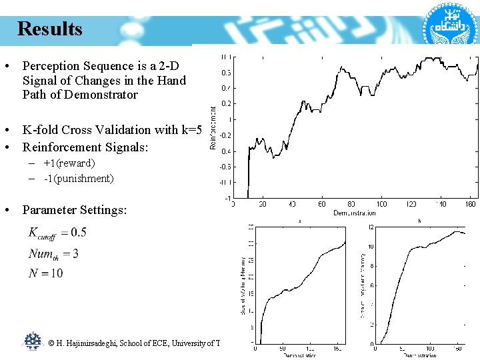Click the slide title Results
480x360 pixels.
pos(50,29)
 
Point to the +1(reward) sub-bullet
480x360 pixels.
pos(69,163)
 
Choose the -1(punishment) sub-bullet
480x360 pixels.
pos(79,178)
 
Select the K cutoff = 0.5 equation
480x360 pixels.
pos(57,233)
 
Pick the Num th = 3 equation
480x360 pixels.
pos(54,253)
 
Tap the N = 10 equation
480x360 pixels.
pos(46,273)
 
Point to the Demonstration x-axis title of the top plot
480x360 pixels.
pos(354,213)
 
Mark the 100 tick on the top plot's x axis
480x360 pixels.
pos(382,204)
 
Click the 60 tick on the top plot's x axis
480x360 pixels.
pos(322,204)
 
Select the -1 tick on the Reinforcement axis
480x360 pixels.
pos(228,198)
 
